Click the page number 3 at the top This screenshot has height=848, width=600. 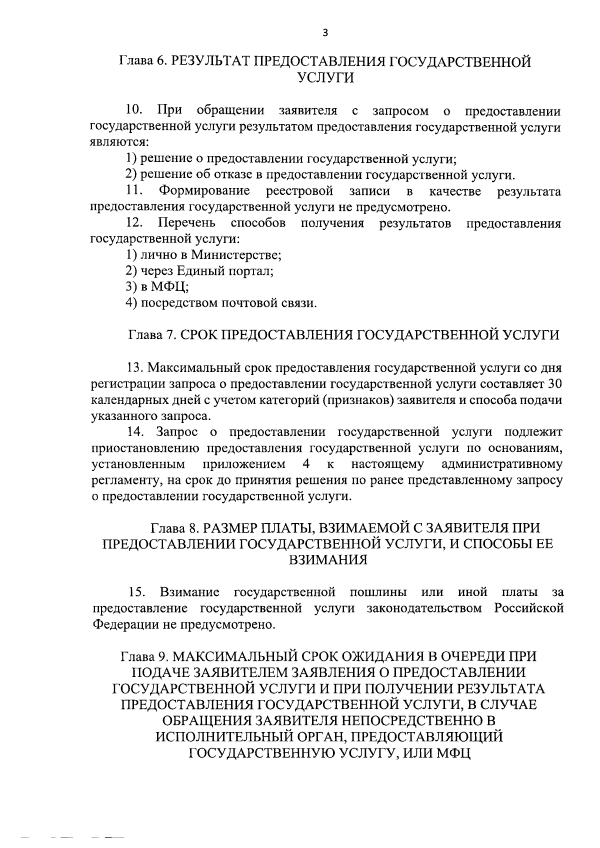[x=325, y=33]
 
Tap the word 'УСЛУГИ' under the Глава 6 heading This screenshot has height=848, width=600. [x=325, y=78]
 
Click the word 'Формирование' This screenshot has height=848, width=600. [x=204, y=191]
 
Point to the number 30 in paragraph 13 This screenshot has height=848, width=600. [x=555, y=384]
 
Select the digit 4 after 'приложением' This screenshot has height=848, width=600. [x=306, y=464]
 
